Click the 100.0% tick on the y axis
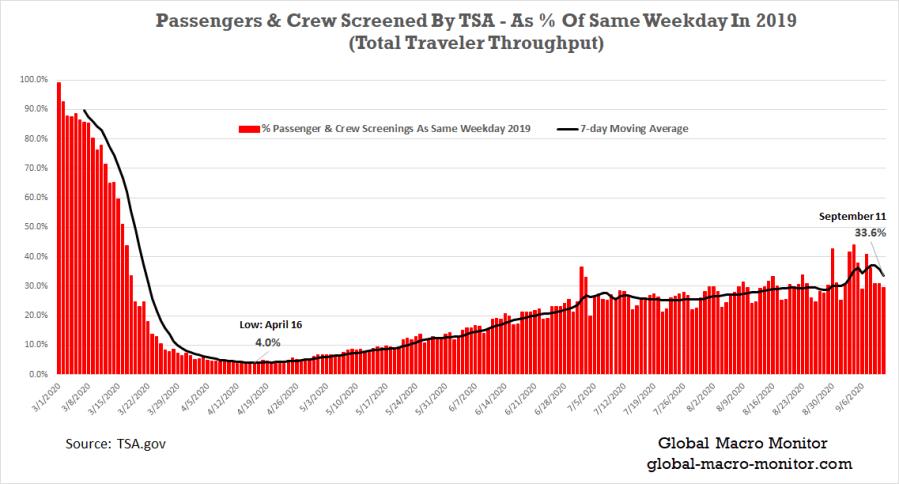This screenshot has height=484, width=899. [x=34, y=79]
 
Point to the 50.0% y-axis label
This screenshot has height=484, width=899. [x=36, y=227]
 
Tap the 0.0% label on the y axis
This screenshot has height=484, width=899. [x=38, y=374]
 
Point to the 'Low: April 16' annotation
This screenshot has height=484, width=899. [x=270, y=325]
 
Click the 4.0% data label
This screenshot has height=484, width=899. [x=268, y=342]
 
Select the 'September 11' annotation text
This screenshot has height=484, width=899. [x=853, y=216]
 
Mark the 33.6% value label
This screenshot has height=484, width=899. [x=869, y=233]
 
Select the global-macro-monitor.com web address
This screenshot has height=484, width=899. [x=741, y=464]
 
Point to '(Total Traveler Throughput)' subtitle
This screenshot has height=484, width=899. [x=446, y=44]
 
